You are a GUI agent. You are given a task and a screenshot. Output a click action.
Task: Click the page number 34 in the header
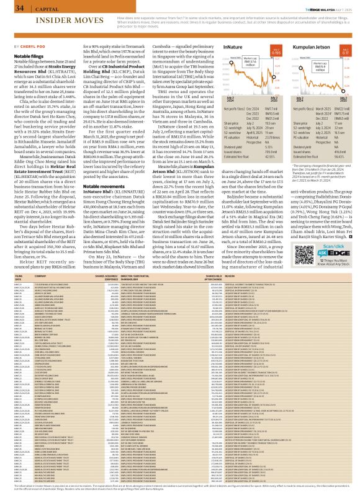(11, 7)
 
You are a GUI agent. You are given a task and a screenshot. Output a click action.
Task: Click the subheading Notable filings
(25, 55)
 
